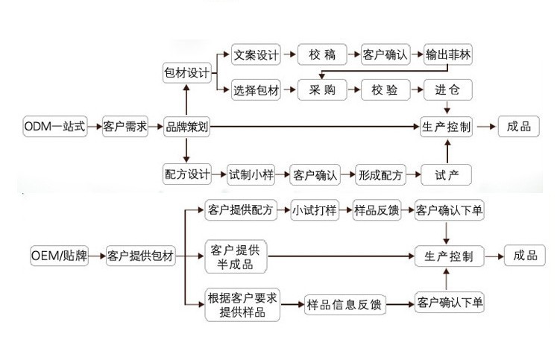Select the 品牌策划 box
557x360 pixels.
[x=186, y=127]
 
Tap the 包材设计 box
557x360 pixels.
[x=186, y=72]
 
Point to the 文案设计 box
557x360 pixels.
[x=256, y=54]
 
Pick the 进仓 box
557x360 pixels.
[x=447, y=91]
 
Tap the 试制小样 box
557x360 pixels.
[x=251, y=175]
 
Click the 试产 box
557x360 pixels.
[x=447, y=175]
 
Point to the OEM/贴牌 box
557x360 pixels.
[x=59, y=257]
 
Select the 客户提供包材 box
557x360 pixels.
[x=140, y=257]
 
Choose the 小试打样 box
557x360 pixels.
[x=312, y=211]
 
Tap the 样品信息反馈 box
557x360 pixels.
[x=346, y=303]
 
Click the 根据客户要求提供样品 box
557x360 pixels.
[x=242, y=305]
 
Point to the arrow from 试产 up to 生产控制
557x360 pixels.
[x=447, y=151]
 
